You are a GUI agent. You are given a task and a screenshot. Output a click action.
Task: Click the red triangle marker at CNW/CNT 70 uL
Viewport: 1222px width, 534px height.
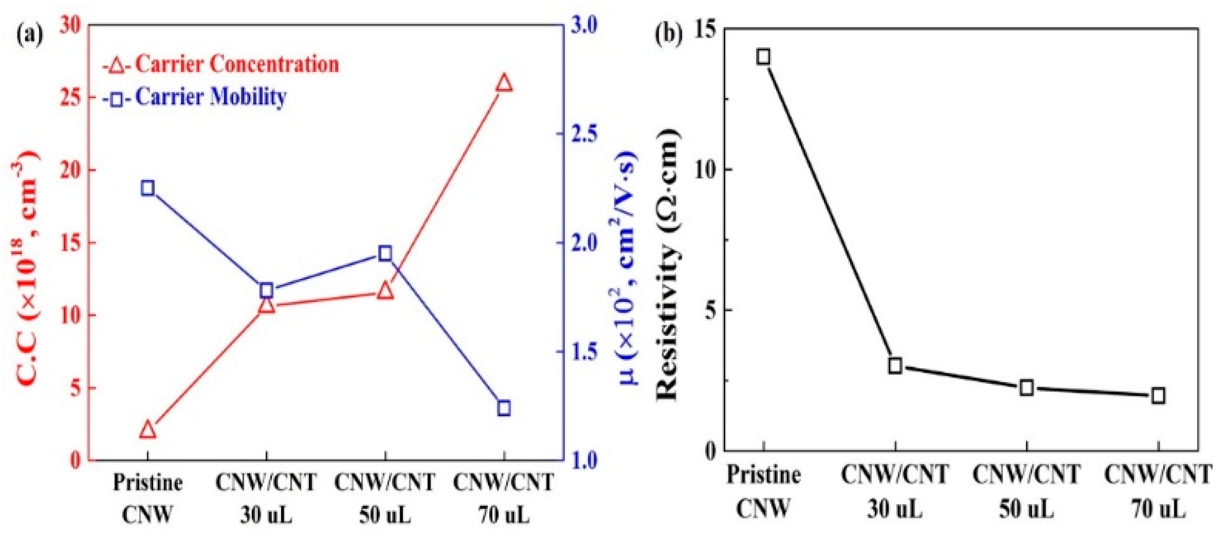(503, 83)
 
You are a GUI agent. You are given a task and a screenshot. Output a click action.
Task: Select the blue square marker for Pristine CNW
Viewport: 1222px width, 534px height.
(147, 188)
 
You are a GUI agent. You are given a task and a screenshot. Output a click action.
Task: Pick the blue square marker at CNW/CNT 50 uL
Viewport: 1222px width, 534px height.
(385, 254)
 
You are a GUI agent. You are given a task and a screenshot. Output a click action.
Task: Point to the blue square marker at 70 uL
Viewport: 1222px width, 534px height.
(503, 407)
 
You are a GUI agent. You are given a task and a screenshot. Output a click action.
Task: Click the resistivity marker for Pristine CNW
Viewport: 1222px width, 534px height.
(763, 56)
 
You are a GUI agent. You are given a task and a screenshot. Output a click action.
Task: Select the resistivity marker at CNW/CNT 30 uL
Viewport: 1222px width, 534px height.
(895, 365)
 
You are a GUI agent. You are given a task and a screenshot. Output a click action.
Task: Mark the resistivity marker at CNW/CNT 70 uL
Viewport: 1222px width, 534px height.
(1158, 395)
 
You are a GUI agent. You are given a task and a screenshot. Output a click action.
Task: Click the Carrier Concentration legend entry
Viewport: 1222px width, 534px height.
(221, 65)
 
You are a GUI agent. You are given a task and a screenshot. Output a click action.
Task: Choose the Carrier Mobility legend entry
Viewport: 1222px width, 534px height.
(195, 97)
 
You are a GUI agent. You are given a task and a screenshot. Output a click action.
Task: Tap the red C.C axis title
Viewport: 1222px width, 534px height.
(26, 268)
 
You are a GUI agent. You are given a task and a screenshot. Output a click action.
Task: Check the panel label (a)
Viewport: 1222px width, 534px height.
(30, 35)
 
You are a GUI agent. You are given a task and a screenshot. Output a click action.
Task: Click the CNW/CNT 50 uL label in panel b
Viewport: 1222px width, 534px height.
(1026, 491)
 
